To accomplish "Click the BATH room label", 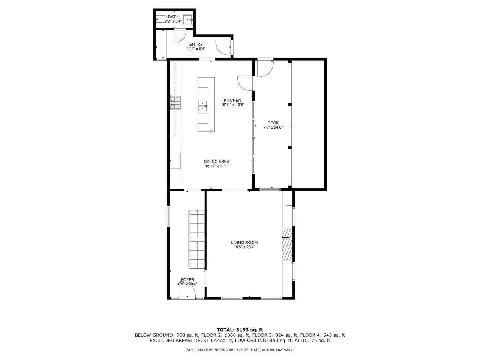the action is pyautogui.click(x=173, y=17).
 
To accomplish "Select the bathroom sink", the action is pyautogui.click(x=187, y=19).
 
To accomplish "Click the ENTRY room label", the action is pyautogui.click(x=196, y=44).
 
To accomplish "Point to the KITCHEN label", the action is pyautogui.click(x=232, y=100).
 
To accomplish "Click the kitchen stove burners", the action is pyautogui.click(x=175, y=103).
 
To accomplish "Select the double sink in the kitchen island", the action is pyautogui.click(x=203, y=106).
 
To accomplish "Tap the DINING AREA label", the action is pyautogui.click(x=216, y=162).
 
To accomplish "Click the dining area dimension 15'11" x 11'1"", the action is pyautogui.click(x=216, y=166).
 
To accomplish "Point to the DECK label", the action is pyautogui.click(x=273, y=123).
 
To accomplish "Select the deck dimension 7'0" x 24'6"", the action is pyautogui.click(x=273, y=127).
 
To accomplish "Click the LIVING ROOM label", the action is pyautogui.click(x=244, y=242).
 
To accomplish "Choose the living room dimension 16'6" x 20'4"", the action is pyautogui.click(x=244, y=247).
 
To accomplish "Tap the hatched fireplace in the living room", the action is pyautogui.click(x=287, y=244).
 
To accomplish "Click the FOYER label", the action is pyautogui.click(x=187, y=280).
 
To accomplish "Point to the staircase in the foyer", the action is pyautogui.click(x=196, y=239).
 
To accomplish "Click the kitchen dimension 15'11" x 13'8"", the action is pyautogui.click(x=232, y=105).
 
